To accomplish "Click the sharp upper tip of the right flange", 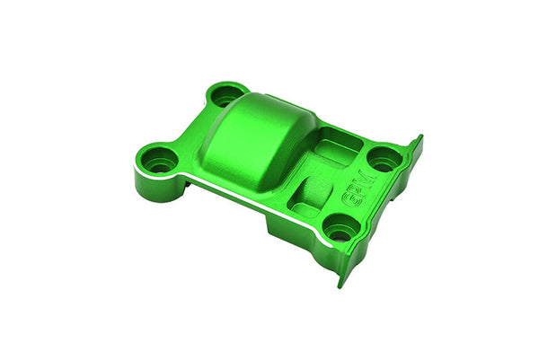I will [419, 137].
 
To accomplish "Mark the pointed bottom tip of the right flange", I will [340, 285].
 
